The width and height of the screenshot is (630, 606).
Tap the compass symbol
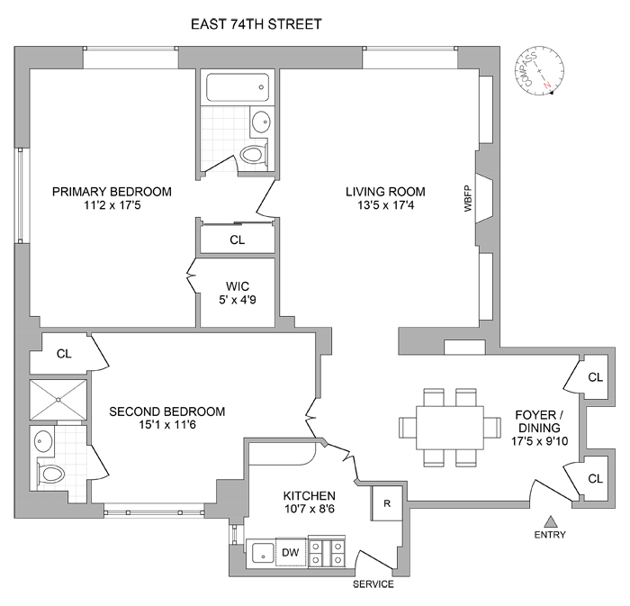pos(541,71)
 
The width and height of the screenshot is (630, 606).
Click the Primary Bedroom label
pos(112,192)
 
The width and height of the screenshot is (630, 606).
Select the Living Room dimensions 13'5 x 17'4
pos(378,206)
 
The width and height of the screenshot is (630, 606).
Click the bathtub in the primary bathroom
pos(238,87)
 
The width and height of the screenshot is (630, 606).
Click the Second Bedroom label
pos(167,412)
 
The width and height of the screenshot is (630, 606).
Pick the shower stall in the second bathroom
pos(59,400)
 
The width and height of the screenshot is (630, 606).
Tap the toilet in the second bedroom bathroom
pos(49,472)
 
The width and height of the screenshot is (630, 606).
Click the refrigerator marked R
pos(384,504)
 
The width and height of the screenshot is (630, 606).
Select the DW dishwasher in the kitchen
pos(291,553)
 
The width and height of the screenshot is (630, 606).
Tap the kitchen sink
pos(262,553)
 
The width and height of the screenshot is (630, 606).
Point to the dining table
pos(449,427)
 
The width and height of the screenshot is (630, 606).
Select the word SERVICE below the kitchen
pos(373,584)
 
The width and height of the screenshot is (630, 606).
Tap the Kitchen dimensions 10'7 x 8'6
pos(310,510)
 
